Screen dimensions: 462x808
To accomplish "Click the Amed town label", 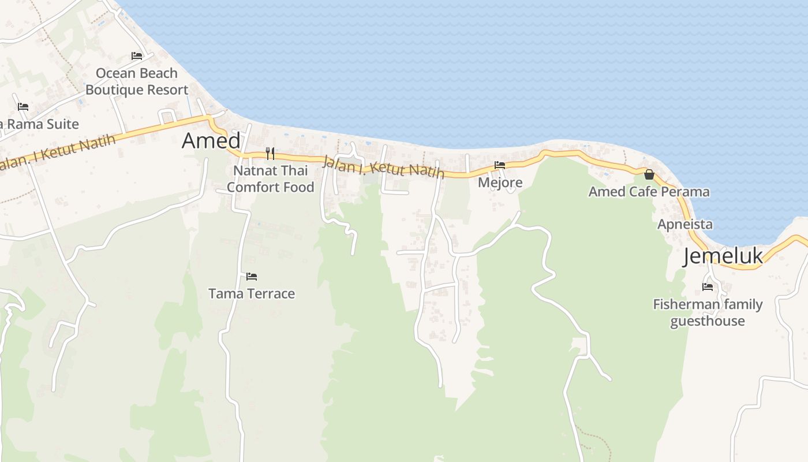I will tap(211, 140).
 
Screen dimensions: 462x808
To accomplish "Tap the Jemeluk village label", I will tap(723, 256).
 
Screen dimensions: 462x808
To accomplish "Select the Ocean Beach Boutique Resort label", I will tap(137, 81).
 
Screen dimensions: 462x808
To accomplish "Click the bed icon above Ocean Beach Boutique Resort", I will tap(137, 56).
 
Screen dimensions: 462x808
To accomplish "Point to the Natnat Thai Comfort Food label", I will tap(270, 179).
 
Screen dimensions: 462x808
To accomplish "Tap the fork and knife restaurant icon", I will tap(270, 153).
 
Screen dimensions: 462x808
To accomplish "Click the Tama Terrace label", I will tap(252, 293).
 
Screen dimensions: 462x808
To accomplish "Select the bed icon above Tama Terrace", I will tap(252, 277).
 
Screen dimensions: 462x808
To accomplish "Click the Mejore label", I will tap(500, 182).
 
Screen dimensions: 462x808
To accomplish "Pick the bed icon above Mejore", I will tap(500, 165).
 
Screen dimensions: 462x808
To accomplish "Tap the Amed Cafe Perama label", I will tap(649, 192).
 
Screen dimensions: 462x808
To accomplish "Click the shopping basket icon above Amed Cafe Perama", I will tap(649, 174).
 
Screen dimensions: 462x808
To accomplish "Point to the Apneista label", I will tap(685, 224).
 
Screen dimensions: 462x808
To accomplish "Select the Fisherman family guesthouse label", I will tap(708, 312).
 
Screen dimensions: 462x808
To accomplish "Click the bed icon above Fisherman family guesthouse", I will tap(708, 286).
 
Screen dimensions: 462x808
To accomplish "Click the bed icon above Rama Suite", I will tap(23, 107).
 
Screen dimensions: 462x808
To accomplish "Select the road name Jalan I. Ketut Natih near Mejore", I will tap(383, 167).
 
